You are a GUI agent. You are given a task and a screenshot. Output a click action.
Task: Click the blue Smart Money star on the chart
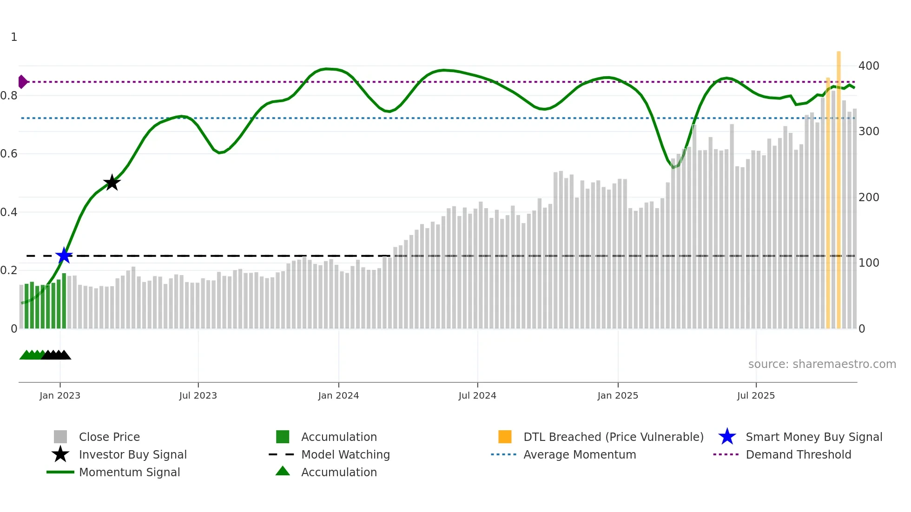coord(64,256)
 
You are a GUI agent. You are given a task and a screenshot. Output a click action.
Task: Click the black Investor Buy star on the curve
coord(112,183)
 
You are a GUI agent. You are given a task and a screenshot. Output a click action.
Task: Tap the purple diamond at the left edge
coord(22,82)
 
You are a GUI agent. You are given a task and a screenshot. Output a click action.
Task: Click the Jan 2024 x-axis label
coord(338,395)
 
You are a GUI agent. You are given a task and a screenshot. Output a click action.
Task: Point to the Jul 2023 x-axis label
coord(198,395)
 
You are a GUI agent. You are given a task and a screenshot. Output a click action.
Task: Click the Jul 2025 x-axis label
coord(756,395)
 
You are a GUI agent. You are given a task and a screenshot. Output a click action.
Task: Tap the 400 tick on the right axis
coord(868,66)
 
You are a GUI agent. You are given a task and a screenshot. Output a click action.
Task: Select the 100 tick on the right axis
coord(868,263)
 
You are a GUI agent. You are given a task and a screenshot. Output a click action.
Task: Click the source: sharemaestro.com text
coord(822,364)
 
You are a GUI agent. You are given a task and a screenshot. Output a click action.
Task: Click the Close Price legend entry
coord(109,437)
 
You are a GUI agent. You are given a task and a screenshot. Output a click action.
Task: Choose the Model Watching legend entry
coord(345,455)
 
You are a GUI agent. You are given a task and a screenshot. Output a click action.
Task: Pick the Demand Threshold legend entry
coord(798,455)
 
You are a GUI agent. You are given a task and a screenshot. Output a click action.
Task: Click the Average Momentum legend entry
coord(579,455)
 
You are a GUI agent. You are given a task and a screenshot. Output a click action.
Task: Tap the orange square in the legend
coord(505,437)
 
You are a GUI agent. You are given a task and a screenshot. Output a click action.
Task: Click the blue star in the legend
coord(727,437)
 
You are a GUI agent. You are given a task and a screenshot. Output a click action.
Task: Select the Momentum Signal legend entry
coord(129,473)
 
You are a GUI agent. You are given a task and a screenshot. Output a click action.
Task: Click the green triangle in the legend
coord(283,471)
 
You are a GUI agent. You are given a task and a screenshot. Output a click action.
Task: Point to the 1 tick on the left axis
coord(14,37)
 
